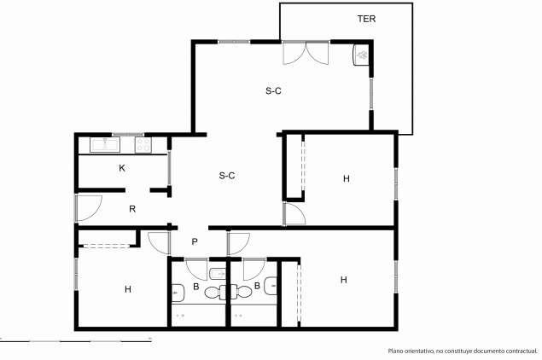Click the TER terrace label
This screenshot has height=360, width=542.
point(366,19)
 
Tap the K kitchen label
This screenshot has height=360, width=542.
point(122,168)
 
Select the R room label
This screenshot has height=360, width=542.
point(132,209)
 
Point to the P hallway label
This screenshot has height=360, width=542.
point(195,241)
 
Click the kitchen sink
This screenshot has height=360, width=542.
point(105,144)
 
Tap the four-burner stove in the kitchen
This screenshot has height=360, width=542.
point(143,144)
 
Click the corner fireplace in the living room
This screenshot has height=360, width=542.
point(361,55)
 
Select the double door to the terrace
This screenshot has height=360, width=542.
point(306,53)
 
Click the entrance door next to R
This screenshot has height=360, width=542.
point(89,208)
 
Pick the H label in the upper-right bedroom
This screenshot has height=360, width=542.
point(347,178)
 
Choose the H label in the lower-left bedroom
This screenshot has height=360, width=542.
point(128,289)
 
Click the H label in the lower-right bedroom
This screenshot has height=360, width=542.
point(344,280)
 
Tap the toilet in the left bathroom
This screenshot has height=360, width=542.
point(215,293)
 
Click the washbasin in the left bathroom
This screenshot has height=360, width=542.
point(178,293)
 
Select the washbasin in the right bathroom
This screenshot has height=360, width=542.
point(271,286)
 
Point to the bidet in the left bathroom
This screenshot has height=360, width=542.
point(218,274)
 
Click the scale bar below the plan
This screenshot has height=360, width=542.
point(76,340)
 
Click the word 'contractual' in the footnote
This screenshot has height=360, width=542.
point(522,351)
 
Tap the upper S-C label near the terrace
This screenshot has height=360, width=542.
point(273,91)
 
